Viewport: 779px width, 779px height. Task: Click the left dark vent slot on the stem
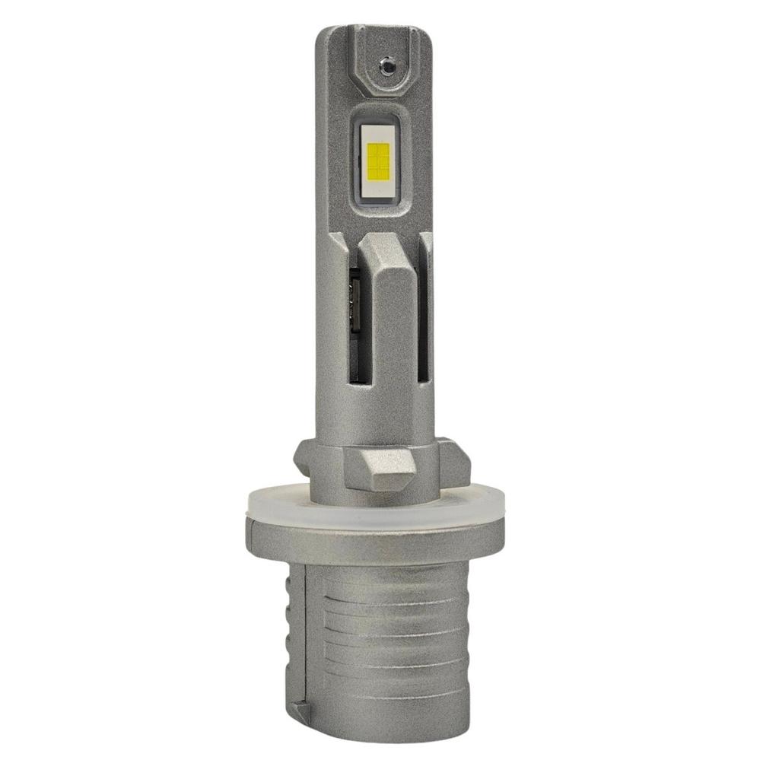coord(354,327)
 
